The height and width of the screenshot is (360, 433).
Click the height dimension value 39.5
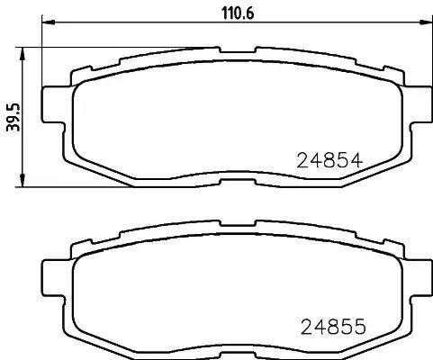[13, 116]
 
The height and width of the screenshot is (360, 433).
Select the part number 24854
[329, 162]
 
